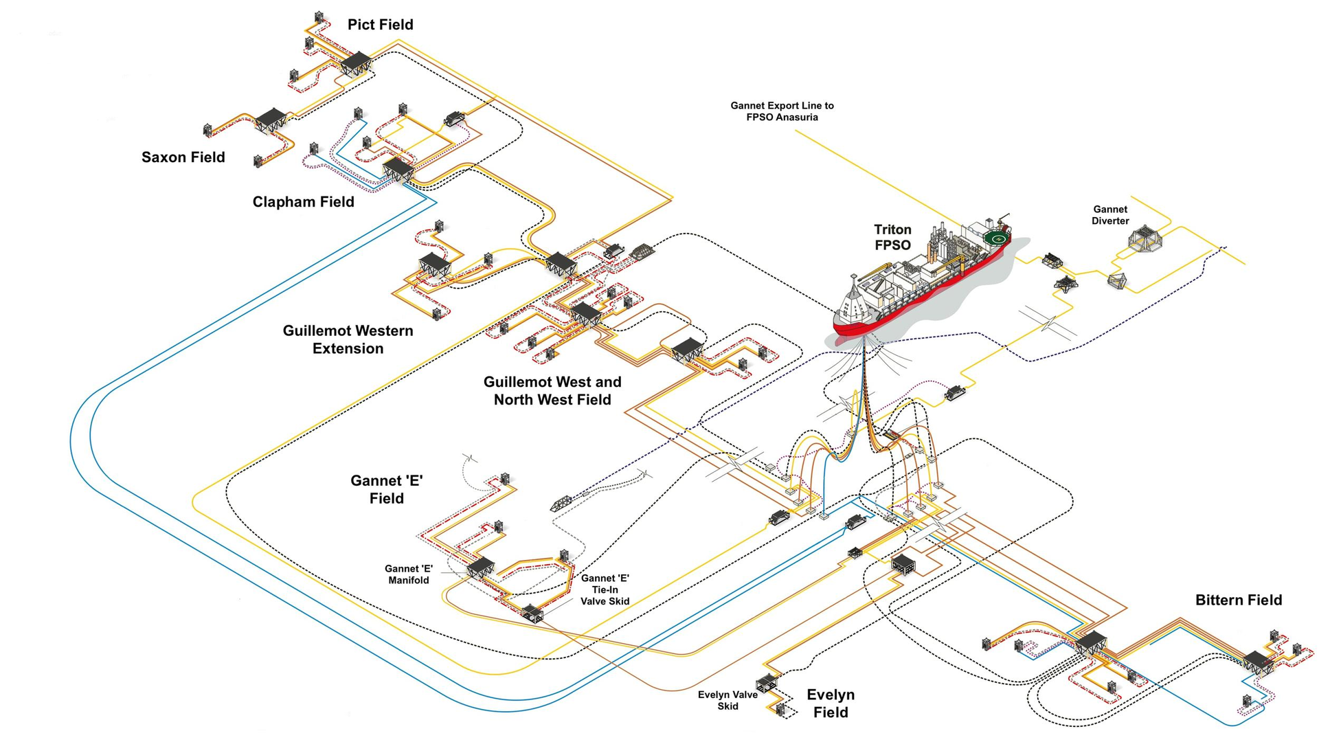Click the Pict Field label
click(x=380, y=25)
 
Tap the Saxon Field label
click(x=183, y=157)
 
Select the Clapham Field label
click(x=303, y=202)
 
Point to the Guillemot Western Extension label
click(x=348, y=339)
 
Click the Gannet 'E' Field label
click(x=386, y=489)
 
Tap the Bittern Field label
click(x=1238, y=600)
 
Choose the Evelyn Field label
click(x=830, y=704)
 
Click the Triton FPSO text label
click(x=892, y=238)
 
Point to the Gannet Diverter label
click(x=1110, y=215)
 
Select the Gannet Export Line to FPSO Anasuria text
click(x=782, y=111)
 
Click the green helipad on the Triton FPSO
click(x=997, y=238)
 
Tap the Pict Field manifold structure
click(x=356, y=63)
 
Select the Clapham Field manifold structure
click(x=398, y=168)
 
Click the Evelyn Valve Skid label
click(x=728, y=700)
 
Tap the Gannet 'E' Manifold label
click(x=408, y=574)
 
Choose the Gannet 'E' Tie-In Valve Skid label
click(x=605, y=589)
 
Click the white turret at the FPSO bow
click(x=854, y=302)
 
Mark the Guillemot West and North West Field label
click(x=552, y=390)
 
